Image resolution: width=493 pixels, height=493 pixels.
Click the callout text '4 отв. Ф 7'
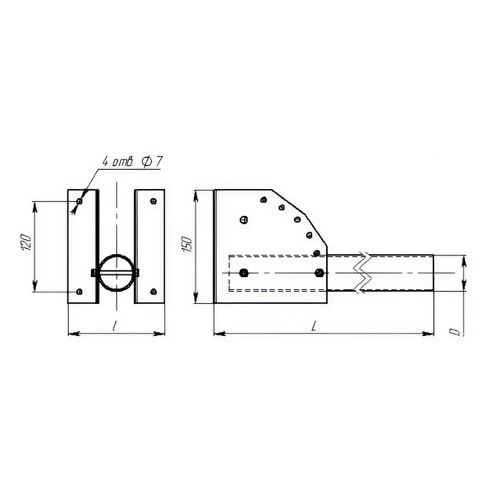[x=132, y=162]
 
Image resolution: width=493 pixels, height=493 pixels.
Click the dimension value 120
[x=27, y=242]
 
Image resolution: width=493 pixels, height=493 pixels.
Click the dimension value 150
[x=187, y=244]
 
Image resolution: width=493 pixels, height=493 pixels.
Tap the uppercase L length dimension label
[x=313, y=327]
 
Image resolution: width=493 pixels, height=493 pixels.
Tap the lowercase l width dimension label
[x=114, y=326]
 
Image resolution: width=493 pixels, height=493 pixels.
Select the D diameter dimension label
[x=455, y=331]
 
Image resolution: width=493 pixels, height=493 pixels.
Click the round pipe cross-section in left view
[x=117, y=273]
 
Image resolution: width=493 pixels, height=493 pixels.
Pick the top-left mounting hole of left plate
[x=79, y=201]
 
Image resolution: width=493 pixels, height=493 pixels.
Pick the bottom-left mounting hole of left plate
[x=79, y=292]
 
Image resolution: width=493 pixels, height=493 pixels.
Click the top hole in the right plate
[x=154, y=201]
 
